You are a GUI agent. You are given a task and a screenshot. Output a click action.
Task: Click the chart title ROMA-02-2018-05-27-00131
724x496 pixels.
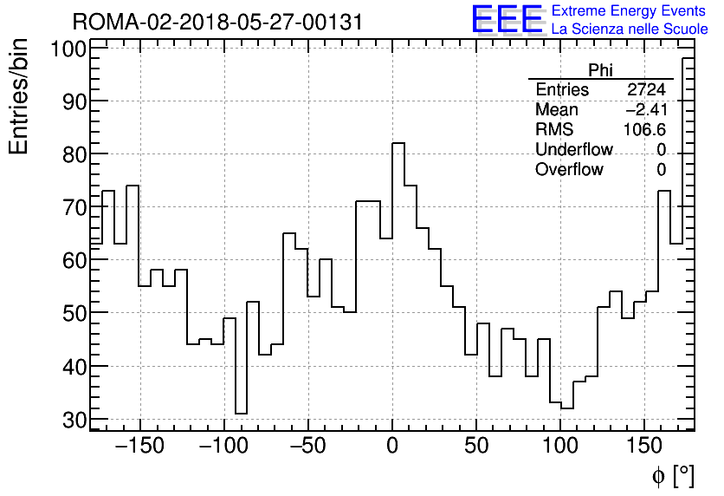[217, 21]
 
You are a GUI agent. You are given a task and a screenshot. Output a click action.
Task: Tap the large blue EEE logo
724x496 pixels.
[507, 19]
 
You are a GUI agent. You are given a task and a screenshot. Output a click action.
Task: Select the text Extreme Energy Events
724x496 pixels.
[629, 11]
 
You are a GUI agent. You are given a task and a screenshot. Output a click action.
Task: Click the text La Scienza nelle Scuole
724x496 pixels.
[629, 29]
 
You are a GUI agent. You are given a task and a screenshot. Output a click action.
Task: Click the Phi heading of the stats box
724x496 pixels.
[600, 70]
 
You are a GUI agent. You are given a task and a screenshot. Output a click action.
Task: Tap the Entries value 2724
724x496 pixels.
[646, 90]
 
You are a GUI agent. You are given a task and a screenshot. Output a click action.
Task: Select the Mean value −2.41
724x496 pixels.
[646, 110]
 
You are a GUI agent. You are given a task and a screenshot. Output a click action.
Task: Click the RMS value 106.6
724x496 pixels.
[645, 130]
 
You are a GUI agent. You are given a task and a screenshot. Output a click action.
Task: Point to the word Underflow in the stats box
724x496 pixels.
[573, 150]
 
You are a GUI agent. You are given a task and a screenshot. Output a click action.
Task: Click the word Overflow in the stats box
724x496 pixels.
[569, 170]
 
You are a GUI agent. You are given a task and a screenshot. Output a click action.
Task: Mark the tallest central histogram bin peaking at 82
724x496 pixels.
[398, 286]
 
